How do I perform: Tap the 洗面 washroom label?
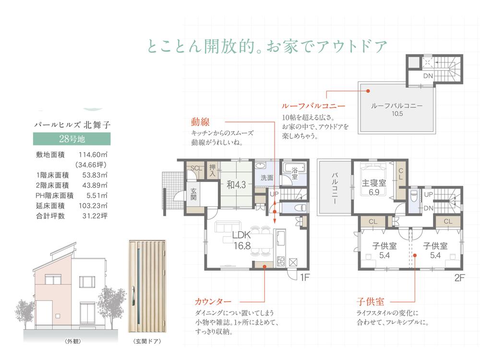click(267, 178)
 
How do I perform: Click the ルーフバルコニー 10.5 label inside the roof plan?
click(397, 110)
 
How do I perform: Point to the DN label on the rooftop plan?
click(429, 76)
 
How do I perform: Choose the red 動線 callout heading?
click(200, 122)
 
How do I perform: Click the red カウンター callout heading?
click(213, 302)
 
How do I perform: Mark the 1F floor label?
click(306, 278)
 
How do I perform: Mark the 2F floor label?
click(460, 278)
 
